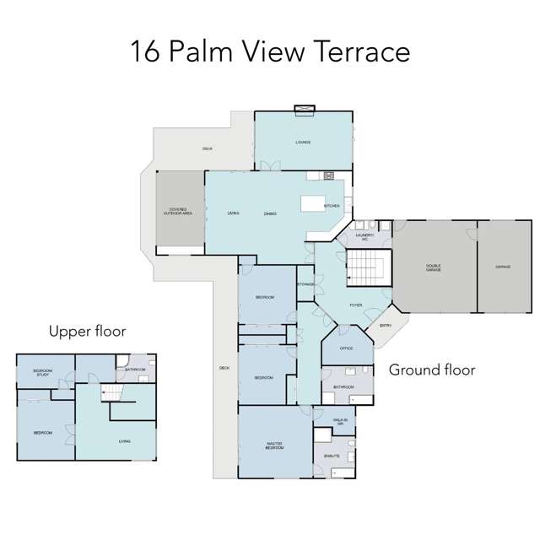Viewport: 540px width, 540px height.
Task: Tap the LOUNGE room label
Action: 303,143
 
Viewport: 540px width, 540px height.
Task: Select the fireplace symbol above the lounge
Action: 303,108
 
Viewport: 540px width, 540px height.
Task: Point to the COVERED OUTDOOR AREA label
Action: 177,212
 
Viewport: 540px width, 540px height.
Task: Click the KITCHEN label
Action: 331,205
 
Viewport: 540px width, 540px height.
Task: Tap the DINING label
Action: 270,213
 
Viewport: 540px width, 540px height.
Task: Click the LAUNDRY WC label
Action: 366,238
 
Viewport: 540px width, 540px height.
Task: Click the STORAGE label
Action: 305,284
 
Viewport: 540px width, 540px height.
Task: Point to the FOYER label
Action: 357,305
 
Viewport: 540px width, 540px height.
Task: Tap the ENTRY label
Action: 386,325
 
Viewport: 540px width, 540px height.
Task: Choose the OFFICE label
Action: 346,348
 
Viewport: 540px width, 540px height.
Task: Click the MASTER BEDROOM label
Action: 275,445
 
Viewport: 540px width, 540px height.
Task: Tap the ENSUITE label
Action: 332,456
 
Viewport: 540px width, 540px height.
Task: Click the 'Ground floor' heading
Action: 431,370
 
